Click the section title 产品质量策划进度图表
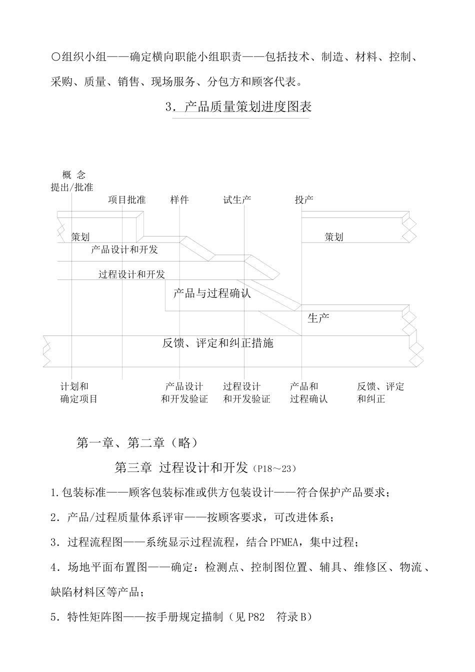click(247, 107)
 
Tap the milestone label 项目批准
click(127, 200)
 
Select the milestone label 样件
click(179, 200)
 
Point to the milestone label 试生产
click(237, 200)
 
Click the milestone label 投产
click(303, 200)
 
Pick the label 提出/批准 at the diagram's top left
click(72, 187)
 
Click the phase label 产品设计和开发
click(124, 249)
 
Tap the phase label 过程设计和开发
click(131, 274)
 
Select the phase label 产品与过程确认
click(212, 293)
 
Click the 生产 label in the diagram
click(318, 318)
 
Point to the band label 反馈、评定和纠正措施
click(218, 343)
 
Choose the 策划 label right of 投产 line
click(333, 237)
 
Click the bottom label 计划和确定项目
click(78, 393)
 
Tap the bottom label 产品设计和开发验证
click(184, 393)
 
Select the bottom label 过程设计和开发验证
click(246, 393)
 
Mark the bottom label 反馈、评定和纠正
click(380, 393)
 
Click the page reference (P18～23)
click(275, 468)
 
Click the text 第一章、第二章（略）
click(137, 443)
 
